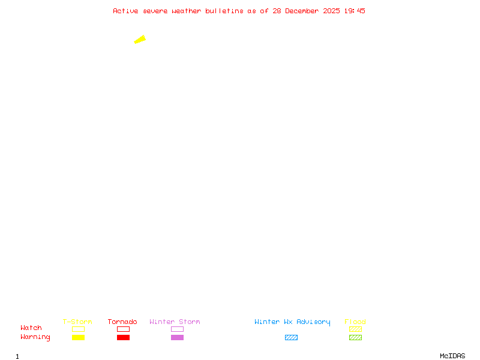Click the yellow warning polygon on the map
pyautogui.click(x=140, y=40)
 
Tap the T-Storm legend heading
pyautogui.click(x=77, y=322)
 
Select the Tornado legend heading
pyautogui.click(x=122, y=322)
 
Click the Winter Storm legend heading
pyautogui.click(x=175, y=322)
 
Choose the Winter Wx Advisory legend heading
pyautogui.click(x=292, y=322)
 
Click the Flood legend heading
pyautogui.click(x=355, y=322)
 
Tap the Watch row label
pyautogui.click(x=31, y=328)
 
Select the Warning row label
pyautogui.click(x=35, y=337)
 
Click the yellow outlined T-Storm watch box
pyautogui.click(x=78, y=329)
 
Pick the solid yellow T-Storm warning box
pyautogui.click(x=78, y=337)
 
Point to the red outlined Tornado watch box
pyautogui.click(x=123, y=329)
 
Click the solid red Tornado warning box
pyautogui.click(x=123, y=337)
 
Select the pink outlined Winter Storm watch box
pyautogui.click(x=177, y=329)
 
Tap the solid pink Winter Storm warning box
pyautogui.click(x=177, y=337)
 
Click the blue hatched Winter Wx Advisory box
pyautogui.click(x=291, y=337)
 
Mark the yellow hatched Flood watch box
pyautogui.click(x=355, y=329)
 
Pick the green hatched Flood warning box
pyautogui.click(x=355, y=337)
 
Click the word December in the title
pyautogui.click(x=302, y=11)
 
